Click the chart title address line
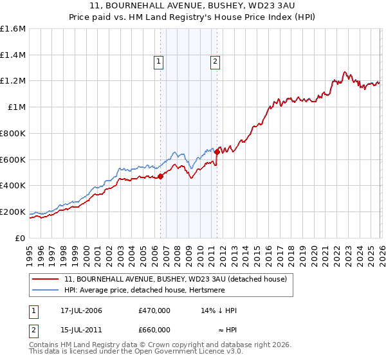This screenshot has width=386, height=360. (x=193, y=6)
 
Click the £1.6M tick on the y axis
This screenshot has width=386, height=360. (x=13, y=29)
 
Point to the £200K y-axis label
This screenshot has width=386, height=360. (x=13, y=212)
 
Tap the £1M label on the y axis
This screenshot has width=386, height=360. (x=17, y=107)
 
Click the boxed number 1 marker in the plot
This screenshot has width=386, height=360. (x=158, y=62)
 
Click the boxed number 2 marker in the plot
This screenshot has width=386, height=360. (x=214, y=62)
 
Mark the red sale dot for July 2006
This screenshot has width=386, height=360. (x=160, y=177)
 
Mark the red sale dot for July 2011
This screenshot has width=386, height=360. (x=217, y=152)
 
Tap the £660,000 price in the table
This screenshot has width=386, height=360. (x=154, y=330)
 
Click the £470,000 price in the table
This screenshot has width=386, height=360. (x=154, y=310)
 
